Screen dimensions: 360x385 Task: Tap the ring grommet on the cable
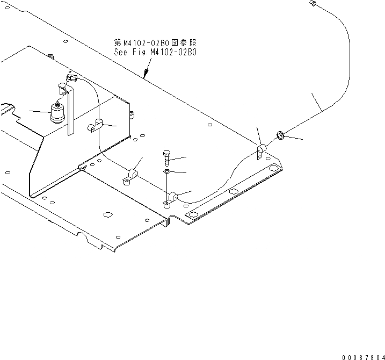click(280, 134)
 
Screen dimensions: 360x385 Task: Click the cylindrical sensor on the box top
click(56, 112)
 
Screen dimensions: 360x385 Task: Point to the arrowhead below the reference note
click(145, 76)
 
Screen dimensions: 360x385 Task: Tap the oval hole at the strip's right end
click(274, 170)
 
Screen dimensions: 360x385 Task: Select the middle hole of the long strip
click(233, 192)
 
